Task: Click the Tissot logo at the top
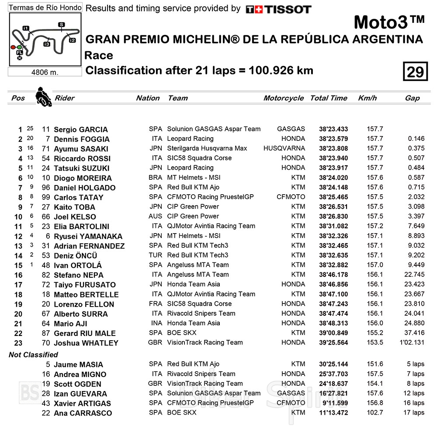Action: click(278, 9)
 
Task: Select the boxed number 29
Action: click(415, 71)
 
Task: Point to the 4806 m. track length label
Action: click(45, 72)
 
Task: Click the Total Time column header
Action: click(329, 98)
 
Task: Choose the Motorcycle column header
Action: click(283, 98)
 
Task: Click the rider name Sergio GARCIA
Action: click(80, 129)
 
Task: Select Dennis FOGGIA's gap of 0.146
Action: click(416, 139)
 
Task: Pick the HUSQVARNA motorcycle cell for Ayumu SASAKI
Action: click(284, 149)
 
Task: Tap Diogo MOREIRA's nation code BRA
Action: click(155, 178)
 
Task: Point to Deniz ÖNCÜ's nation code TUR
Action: click(155, 255)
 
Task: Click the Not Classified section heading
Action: click(33, 355)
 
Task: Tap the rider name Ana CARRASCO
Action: click(83, 413)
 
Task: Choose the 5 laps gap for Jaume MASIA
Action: click(415, 364)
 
